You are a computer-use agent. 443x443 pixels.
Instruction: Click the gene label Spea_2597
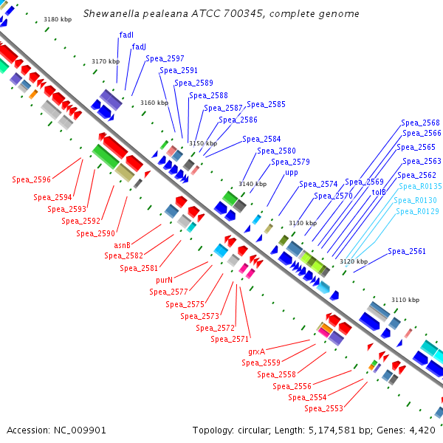165,58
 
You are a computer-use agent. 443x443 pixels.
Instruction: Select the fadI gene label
126,35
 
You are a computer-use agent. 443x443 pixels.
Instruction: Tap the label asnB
122,245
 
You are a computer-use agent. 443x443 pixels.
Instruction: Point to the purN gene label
164,280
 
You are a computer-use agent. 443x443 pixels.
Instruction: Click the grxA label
256,351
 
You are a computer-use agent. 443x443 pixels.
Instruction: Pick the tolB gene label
379,192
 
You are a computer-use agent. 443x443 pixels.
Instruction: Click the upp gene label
292,173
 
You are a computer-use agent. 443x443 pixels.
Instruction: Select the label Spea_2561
407,251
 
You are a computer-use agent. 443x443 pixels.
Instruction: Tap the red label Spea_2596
32,179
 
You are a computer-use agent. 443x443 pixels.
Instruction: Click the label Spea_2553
323,408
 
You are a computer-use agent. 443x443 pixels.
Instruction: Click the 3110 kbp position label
405,300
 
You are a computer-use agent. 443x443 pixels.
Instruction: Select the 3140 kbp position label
252,183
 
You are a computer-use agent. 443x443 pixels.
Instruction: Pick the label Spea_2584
261,139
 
